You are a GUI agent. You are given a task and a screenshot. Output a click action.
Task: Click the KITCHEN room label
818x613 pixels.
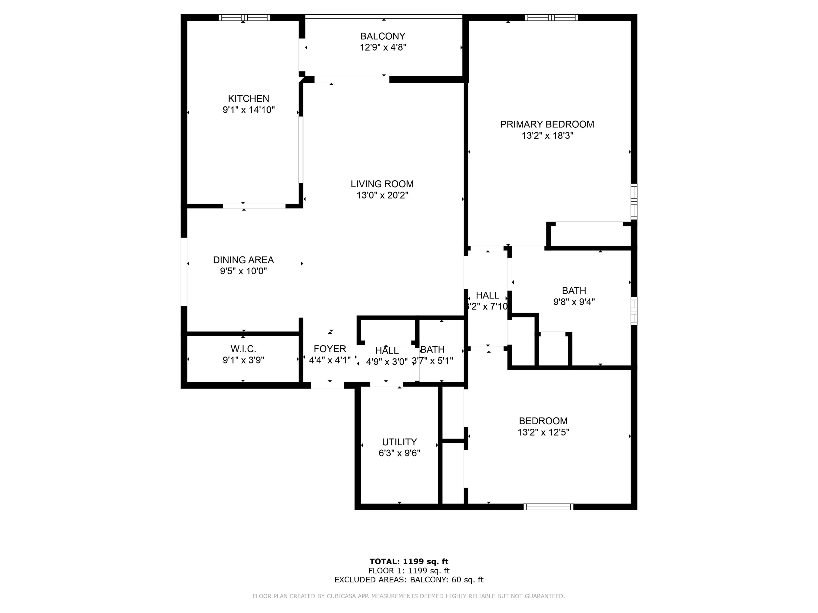click(x=248, y=99)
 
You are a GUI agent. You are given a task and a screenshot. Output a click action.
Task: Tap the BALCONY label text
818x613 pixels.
click(x=383, y=36)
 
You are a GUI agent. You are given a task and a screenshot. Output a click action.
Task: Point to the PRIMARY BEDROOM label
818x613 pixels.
click(x=547, y=125)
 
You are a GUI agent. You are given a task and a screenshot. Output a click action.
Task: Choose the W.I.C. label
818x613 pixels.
click(x=243, y=349)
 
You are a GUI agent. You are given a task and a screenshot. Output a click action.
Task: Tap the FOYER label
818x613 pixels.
click(x=330, y=349)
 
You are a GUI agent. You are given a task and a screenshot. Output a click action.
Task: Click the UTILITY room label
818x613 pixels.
click(x=399, y=442)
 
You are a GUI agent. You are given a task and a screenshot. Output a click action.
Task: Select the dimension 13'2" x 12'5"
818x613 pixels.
click(x=543, y=432)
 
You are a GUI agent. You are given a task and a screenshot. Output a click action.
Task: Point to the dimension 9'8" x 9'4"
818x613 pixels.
click(x=574, y=302)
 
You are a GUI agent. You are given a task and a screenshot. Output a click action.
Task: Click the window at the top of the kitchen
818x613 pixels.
click(x=244, y=17)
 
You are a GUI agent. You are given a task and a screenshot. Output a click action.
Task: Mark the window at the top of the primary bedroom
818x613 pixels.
click(x=551, y=17)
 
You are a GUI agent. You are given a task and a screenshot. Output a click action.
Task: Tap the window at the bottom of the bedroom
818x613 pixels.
click(x=549, y=507)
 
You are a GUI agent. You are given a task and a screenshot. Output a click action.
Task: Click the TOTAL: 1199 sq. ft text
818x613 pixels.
click(x=409, y=562)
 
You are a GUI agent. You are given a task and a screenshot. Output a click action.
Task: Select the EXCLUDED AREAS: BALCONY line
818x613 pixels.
click(x=409, y=580)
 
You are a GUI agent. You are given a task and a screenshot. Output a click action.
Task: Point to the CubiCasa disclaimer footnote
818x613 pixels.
click(x=409, y=596)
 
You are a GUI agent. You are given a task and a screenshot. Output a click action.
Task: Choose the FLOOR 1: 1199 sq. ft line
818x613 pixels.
click(x=409, y=571)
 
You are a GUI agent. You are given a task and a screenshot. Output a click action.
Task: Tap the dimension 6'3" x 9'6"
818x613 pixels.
click(x=399, y=453)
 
